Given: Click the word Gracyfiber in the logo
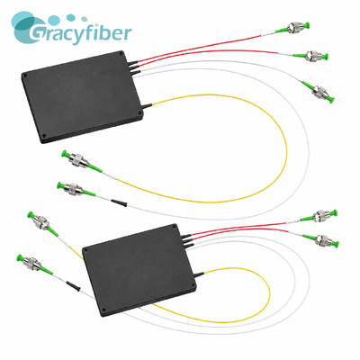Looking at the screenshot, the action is (x=80, y=32).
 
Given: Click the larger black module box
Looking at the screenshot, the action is (x=82, y=96).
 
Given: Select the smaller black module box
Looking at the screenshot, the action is (x=139, y=270).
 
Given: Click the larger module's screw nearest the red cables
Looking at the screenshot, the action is (x=121, y=54).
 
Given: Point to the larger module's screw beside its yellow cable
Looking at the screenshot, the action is (x=139, y=113).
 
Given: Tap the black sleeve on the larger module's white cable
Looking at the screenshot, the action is (x=119, y=202).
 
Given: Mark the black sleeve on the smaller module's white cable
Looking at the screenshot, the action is (x=74, y=285).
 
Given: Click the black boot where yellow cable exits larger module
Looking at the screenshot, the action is (x=148, y=105).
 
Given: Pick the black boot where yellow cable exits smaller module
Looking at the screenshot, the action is (x=199, y=274).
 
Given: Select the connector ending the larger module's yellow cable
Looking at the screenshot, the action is (x=78, y=160).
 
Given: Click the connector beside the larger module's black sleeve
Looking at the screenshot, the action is (x=74, y=189).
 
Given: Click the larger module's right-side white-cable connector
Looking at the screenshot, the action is (x=319, y=92).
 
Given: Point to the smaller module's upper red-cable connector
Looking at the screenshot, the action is (x=321, y=216).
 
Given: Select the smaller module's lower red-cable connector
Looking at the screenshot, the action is (x=322, y=240).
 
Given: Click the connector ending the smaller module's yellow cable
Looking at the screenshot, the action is (x=42, y=222).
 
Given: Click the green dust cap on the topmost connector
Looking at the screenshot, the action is (x=307, y=25).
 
